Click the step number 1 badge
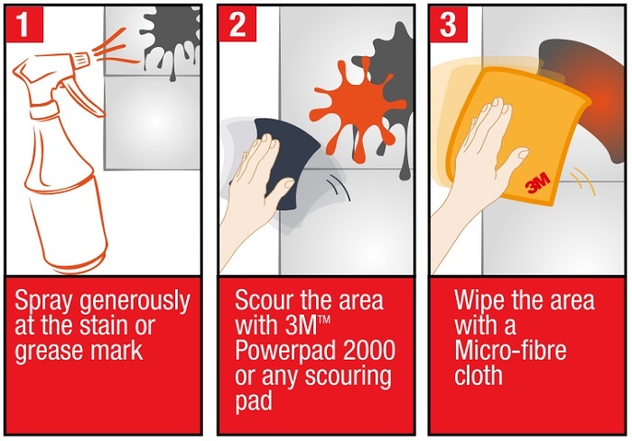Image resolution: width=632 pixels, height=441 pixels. (x=23, y=23)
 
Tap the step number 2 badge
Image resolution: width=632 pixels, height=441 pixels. (x=237, y=23)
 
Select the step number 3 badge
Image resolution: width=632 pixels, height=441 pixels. (x=448, y=23)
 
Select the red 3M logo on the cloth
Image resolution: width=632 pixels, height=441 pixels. (x=538, y=183)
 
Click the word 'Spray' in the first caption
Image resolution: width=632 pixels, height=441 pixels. (x=43, y=302)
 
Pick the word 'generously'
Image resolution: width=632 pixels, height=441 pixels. (x=135, y=302)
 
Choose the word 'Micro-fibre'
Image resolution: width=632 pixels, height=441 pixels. (x=510, y=351)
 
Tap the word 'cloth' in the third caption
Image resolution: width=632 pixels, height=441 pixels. (x=478, y=375)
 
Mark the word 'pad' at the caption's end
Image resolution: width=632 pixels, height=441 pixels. (x=254, y=402)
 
